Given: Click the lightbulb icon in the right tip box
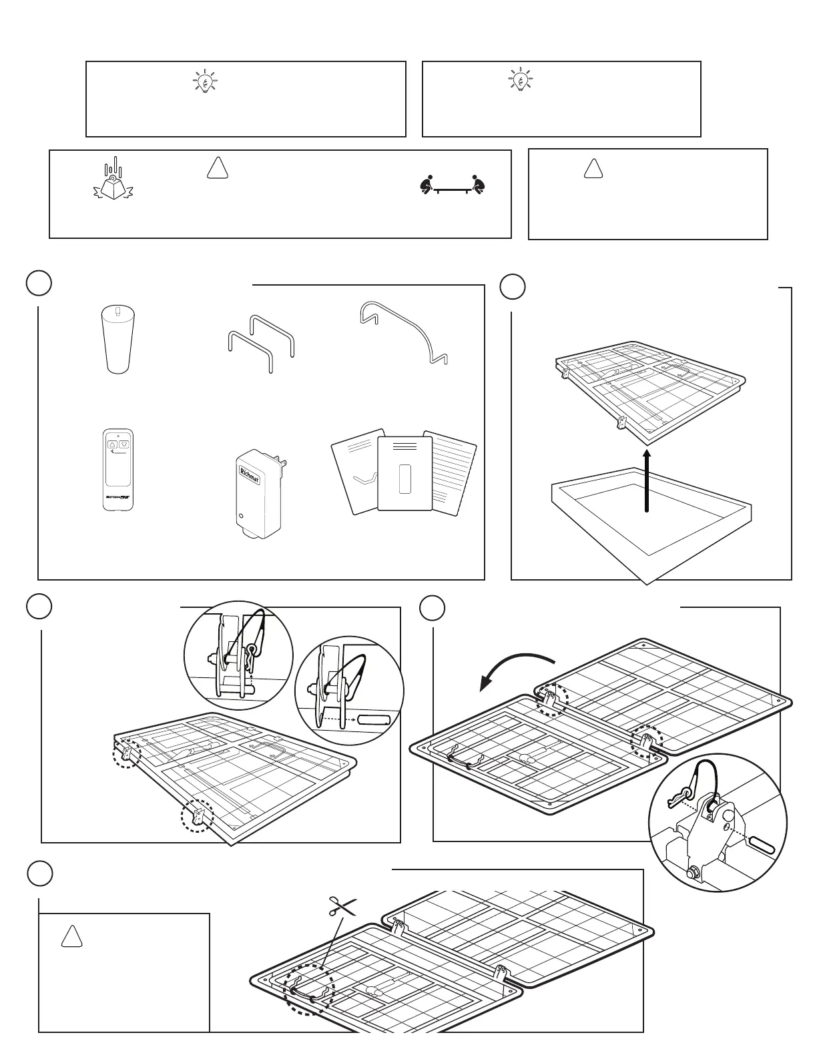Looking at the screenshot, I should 520,79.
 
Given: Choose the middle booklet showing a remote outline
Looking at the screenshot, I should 404,474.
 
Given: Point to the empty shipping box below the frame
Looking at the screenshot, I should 651,520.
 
